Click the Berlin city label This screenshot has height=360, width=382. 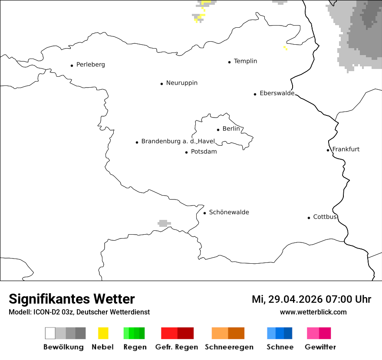click(231, 129)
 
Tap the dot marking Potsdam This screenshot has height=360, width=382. click(186, 152)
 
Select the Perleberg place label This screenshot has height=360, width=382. click(90, 65)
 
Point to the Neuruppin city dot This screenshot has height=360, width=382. click(161, 84)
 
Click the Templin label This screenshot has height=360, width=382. click(245, 61)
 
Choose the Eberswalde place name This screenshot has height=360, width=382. click(277, 93)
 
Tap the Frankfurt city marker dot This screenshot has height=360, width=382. click(328, 150)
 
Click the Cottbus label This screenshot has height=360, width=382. click(325, 217)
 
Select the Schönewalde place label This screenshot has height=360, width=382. click(229, 212)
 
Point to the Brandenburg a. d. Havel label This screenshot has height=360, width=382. click(178, 141)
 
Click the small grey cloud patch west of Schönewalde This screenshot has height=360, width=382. click(164, 223)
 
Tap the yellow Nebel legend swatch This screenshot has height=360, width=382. click(103, 333)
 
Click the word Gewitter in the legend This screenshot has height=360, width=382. click(320, 347)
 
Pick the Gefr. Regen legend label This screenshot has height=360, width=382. click(177, 347)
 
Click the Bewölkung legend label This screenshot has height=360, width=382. click(63, 347)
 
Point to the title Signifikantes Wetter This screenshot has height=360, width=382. click(72, 299)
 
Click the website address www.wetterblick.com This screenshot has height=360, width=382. click(313, 312)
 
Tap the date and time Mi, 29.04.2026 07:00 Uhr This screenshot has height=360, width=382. click(311, 299)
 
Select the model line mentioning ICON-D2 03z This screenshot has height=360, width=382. click(79, 312)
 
